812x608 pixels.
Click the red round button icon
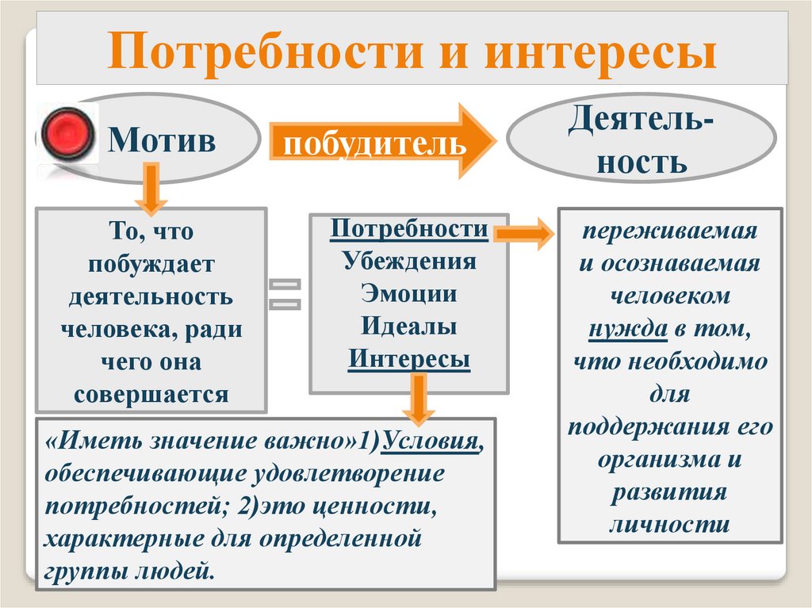coord(67,132)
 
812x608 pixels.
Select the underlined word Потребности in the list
coord(409,230)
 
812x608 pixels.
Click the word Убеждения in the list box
coord(409,262)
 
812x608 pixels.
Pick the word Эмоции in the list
coord(409,294)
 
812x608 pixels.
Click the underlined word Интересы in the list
coord(409,359)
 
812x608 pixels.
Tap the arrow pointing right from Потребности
coord(523,234)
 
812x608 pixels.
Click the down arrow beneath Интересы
coord(417,400)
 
